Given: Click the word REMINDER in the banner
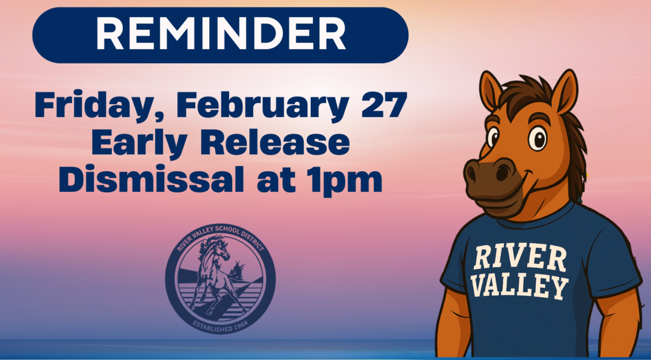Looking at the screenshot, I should (x=221, y=34).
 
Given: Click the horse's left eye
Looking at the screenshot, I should (x=493, y=135).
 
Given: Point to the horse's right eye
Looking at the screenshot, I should (x=538, y=137).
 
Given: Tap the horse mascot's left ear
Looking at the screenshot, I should (x=490, y=90).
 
